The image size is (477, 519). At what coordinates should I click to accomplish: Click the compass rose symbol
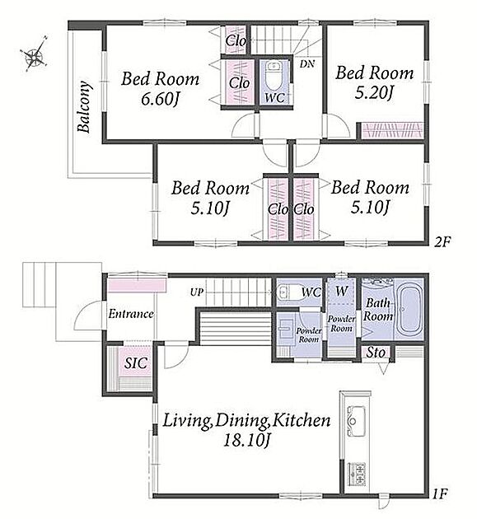(x=35, y=54)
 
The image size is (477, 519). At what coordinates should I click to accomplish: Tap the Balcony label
(x=85, y=106)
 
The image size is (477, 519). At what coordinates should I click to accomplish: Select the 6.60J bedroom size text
(x=160, y=99)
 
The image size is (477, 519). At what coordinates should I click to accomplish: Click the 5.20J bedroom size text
(x=374, y=92)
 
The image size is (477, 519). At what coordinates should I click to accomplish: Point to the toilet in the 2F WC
(x=274, y=76)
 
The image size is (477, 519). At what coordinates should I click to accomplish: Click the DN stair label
(x=307, y=64)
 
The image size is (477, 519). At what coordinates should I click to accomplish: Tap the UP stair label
(x=197, y=292)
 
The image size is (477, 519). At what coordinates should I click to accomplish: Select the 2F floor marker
(x=442, y=243)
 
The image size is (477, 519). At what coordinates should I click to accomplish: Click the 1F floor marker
(x=441, y=494)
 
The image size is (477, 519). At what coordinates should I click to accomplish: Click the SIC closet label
(x=135, y=363)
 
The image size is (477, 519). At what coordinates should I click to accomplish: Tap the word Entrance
(x=131, y=314)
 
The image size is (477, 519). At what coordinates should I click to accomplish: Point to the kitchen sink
(x=356, y=420)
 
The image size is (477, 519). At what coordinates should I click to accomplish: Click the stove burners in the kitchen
(x=357, y=474)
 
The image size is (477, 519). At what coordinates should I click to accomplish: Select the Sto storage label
(x=376, y=353)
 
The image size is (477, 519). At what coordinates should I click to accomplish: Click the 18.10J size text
(x=247, y=440)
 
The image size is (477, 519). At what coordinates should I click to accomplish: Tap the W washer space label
(x=342, y=292)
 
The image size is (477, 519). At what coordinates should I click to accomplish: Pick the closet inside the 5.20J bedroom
(x=391, y=130)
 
